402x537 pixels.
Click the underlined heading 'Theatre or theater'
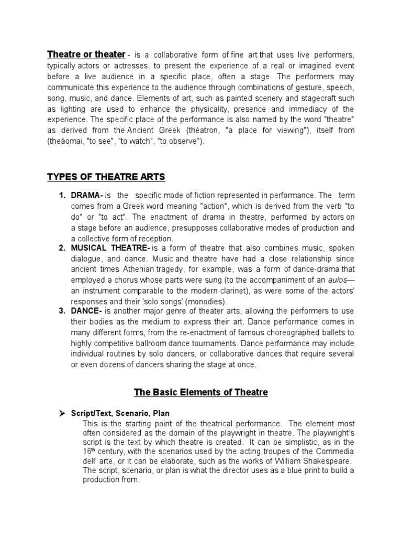(86, 55)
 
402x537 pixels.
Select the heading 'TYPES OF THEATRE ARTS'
(106, 177)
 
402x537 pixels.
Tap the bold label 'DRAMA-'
(87, 196)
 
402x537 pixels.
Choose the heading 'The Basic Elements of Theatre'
(201, 392)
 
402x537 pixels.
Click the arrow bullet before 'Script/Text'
(61, 413)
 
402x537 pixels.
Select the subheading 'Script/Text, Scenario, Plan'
(120, 413)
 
